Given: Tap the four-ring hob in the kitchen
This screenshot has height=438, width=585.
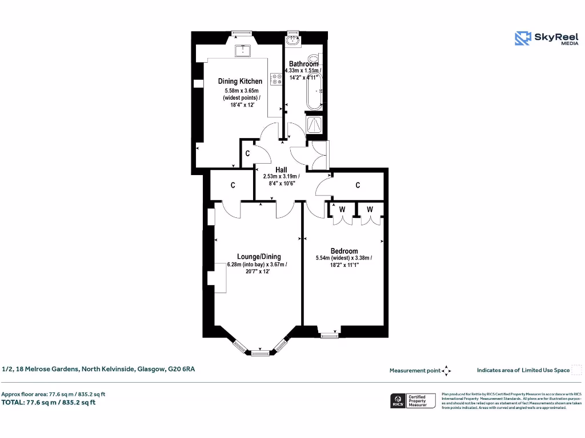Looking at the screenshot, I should point(277,79).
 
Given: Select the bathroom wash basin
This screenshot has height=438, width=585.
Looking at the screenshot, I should point(294,40).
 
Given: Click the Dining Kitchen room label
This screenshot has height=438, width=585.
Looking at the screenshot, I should point(240,82).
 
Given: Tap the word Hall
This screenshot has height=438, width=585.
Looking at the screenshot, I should point(281,170).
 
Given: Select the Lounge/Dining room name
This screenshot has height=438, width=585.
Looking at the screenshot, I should point(259,257).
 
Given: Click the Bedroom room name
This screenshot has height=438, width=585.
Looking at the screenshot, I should point(344,251).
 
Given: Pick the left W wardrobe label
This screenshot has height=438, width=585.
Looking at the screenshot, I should point(342,209).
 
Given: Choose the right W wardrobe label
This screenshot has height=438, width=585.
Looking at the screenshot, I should point(370,209).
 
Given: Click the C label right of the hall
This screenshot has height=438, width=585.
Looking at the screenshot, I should point(358,185).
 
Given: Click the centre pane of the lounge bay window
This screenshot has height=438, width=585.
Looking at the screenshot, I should point(260,353).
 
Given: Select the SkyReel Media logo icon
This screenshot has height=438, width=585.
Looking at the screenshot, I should point(523,38).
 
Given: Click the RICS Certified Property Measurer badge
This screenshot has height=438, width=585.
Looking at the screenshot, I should point(413,400).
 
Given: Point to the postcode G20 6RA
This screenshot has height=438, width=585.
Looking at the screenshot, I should point(181,369).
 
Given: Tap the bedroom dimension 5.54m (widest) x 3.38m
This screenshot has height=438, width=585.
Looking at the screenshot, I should point(344,258).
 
